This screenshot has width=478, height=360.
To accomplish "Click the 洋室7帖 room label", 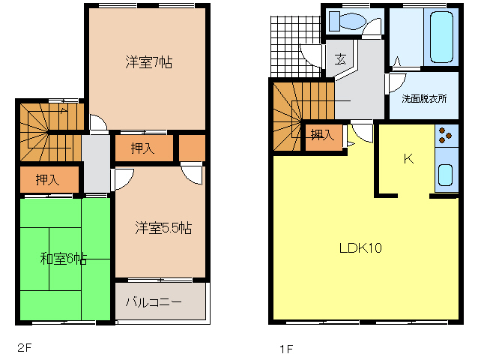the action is click(149, 62).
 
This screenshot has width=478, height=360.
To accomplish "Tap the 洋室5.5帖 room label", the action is click(163, 228).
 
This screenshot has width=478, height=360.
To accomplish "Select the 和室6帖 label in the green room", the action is click(64, 259).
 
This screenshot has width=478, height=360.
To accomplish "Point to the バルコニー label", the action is click(154, 302).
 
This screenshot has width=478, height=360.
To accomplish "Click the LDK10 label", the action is click(360, 248).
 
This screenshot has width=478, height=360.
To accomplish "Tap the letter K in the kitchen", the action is click(408, 159).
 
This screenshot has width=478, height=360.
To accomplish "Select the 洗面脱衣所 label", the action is click(424, 98).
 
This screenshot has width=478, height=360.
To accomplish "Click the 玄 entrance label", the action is click(340, 59).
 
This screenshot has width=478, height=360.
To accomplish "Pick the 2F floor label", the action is click(25, 347).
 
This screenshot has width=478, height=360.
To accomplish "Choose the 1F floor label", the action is click(286, 349).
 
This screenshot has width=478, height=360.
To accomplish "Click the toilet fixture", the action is click(348, 21).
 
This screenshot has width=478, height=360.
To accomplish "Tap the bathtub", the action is click(441, 37).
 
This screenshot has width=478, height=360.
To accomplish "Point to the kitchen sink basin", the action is click(445, 175).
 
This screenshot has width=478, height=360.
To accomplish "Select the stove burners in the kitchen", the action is click(446, 136).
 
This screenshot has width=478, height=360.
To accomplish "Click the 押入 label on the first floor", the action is click(322, 134).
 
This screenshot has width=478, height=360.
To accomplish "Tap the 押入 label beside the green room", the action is click(47, 180).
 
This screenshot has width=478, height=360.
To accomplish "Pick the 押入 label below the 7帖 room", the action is click(142, 148).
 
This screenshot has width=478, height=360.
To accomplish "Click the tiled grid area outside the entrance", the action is click(295, 46).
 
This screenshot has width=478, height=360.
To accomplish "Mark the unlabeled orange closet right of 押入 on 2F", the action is click(192, 148).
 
